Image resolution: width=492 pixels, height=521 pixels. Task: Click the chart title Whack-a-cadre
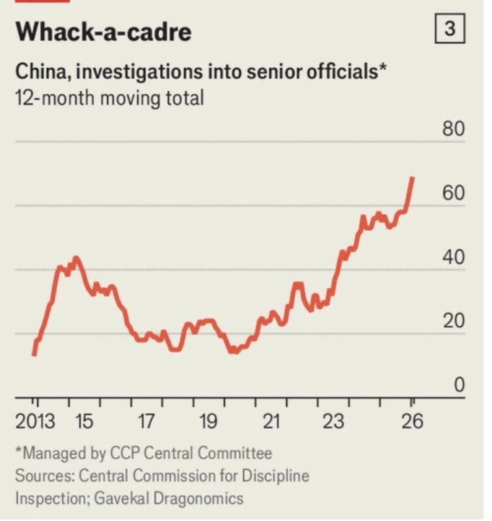(x=103, y=31)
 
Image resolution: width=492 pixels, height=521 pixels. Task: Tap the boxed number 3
(x=449, y=29)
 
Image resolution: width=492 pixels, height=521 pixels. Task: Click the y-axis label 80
(x=454, y=128)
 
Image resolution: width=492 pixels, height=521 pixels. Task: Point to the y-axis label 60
(x=454, y=193)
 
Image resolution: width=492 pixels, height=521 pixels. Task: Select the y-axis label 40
(x=454, y=257)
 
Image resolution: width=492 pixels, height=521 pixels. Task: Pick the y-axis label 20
(x=454, y=321)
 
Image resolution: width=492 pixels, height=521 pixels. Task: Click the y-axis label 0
(x=459, y=385)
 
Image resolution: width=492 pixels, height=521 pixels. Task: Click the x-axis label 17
(x=145, y=421)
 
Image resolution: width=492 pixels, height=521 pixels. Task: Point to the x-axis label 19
(x=208, y=421)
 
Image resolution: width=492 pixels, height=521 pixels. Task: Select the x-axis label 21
(x=270, y=421)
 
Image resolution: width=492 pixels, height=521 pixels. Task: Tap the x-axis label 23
(x=333, y=421)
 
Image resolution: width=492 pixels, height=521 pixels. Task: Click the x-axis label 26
(x=412, y=421)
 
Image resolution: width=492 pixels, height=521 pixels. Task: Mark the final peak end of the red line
(x=413, y=178)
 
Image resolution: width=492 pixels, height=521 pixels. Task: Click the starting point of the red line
(x=34, y=354)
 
